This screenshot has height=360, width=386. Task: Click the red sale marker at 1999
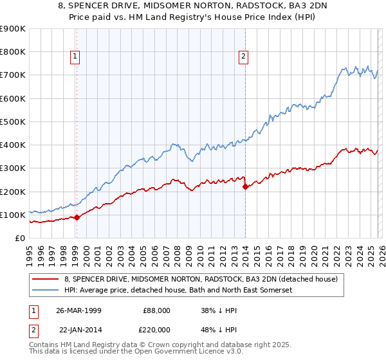(x=77, y=217)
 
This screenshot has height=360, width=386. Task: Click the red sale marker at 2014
(x=245, y=187)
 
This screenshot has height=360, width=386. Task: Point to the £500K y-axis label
(x=13, y=122)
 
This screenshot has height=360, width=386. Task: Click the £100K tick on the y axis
(x=13, y=215)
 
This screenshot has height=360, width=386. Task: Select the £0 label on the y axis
(x=19, y=239)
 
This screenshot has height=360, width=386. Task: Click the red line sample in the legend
(x=45, y=279)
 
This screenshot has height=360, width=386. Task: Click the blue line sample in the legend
(x=45, y=291)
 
